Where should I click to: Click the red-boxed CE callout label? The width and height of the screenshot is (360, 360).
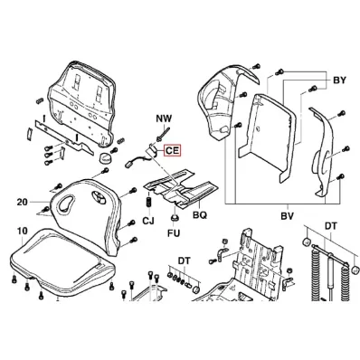pyautogui.click(x=172, y=150)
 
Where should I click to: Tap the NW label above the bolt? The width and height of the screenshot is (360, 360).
pyautogui.click(x=164, y=118)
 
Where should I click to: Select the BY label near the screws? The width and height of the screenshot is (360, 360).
pyautogui.click(x=339, y=81)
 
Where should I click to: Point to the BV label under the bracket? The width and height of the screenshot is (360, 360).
pyautogui.click(x=288, y=216)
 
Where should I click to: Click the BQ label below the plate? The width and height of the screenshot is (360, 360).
pyautogui.click(x=200, y=215)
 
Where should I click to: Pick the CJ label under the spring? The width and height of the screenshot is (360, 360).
pyautogui.click(x=148, y=221)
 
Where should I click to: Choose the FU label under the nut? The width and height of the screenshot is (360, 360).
pyautogui.click(x=175, y=232)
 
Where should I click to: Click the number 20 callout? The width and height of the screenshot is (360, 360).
pyautogui.click(x=22, y=202)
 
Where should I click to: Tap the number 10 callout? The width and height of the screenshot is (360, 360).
pyautogui.click(x=23, y=232)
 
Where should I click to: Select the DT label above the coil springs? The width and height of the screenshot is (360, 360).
pyautogui.click(x=330, y=226)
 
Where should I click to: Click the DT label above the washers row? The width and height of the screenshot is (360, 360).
pyautogui.click(x=184, y=261)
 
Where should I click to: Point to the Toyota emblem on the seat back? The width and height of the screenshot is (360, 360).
pyautogui.click(x=98, y=196)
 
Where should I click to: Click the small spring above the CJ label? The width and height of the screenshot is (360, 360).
pyautogui.click(x=148, y=202)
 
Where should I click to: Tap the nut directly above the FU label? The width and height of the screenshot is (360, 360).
pyautogui.click(x=174, y=218)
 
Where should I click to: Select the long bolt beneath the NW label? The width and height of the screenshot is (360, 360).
pyautogui.click(x=162, y=132)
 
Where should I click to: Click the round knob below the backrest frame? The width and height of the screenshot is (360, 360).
pyautogui.click(x=106, y=157)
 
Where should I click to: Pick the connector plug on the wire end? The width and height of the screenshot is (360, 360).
pyautogui.click(x=128, y=165)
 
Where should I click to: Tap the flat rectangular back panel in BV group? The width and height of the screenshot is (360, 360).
pyautogui.click(x=268, y=138)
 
